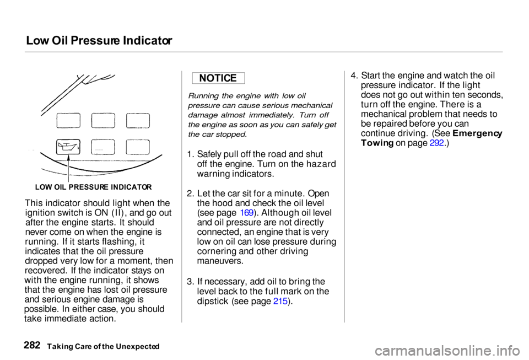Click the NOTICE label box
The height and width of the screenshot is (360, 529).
pos(218,78)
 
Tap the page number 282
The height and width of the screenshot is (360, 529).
pos(34,345)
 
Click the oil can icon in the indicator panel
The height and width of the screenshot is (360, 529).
pos(68,147)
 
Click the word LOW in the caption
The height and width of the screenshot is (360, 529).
pos(43,187)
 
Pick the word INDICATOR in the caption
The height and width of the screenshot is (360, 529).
pos(132,187)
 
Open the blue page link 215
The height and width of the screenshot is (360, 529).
pos(280,301)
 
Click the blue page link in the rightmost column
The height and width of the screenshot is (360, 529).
pos(436,142)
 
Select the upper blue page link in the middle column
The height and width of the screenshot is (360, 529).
pos(247,213)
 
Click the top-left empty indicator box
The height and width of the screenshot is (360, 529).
pos(68,120)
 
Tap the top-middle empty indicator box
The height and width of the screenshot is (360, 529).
pos(103,120)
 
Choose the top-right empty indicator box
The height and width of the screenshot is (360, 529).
pos(138,120)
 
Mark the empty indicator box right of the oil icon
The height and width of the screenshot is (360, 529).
pos(103,147)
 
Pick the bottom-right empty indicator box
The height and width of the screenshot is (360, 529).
pos(138,147)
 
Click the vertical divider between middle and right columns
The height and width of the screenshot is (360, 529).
pos(344,196)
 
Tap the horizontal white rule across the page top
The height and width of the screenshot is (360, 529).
pos(263,52)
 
